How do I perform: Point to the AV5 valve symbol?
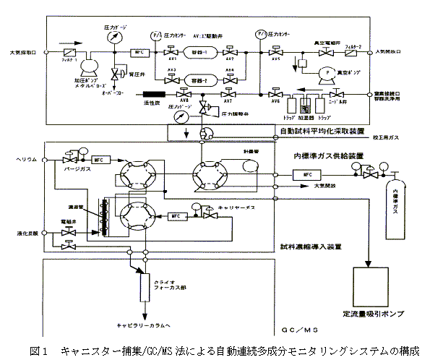(275, 53)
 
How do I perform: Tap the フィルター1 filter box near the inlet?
(66, 53)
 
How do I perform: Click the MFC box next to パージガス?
(99, 159)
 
